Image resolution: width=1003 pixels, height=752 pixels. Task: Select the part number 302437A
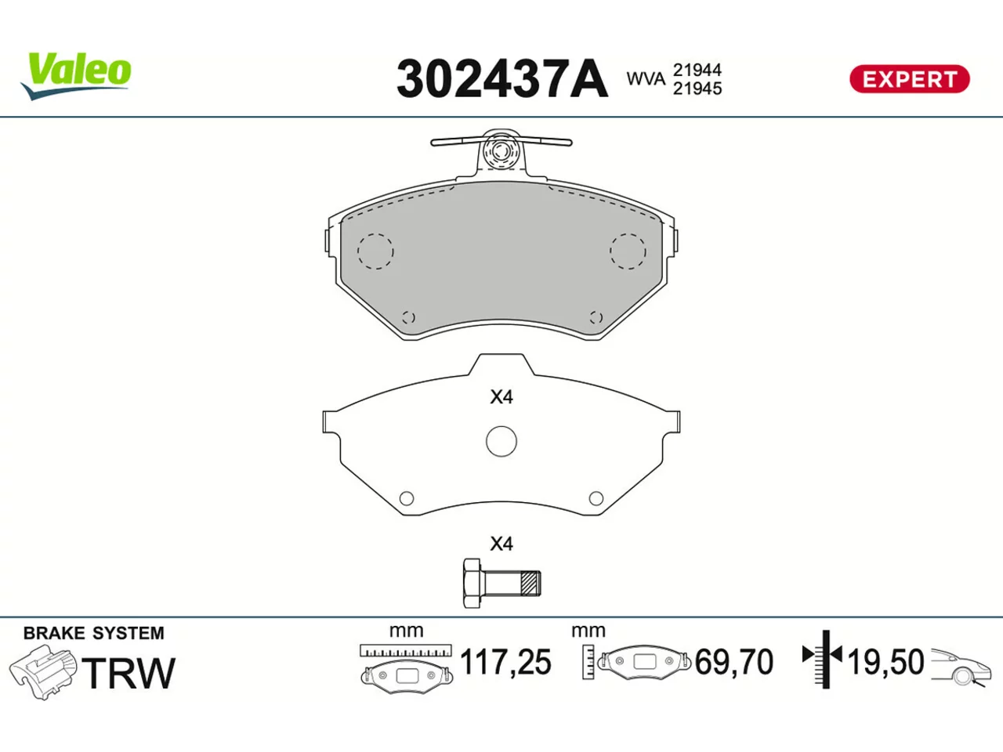coord(502,78)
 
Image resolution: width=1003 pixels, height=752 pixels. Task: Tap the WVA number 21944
coord(697,70)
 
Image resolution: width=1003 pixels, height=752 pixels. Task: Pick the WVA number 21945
coord(697,88)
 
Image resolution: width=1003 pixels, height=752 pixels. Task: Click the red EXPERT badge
coord(909,79)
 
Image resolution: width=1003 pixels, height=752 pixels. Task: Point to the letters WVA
coord(646,79)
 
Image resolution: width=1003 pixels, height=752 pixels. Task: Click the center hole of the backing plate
coord(501,442)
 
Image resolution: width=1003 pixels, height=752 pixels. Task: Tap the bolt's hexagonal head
coord(472,583)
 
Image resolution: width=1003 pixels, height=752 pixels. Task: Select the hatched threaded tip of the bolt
coord(531,583)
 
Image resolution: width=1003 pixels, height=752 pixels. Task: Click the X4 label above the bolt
coord(501,544)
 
